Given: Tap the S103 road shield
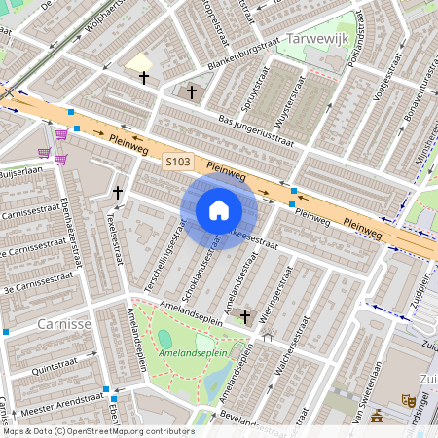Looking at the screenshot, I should (177, 162).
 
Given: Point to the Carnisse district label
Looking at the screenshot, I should (63, 322).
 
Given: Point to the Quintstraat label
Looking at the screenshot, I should (53, 370).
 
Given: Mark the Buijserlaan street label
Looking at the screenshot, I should (21, 173).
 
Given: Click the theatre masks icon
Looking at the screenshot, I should (409, 400).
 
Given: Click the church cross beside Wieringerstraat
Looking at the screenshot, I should (245, 316).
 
